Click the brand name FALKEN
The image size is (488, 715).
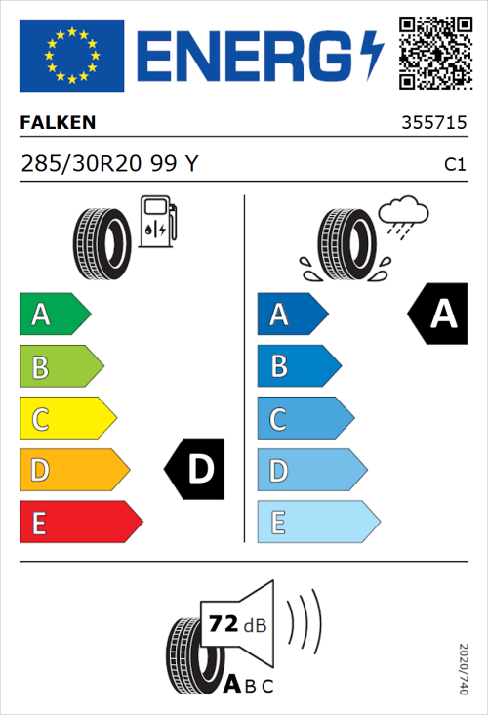pyautogui.click(x=58, y=123)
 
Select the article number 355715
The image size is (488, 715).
pyautogui.click(x=432, y=124)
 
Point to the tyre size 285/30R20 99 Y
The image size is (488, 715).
pyautogui.click(x=109, y=163)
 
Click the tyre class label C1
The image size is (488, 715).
pyautogui.click(x=454, y=164)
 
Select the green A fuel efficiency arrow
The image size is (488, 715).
pyautogui.click(x=54, y=315)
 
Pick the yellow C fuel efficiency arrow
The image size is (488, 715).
pyautogui.click(x=66, y=419)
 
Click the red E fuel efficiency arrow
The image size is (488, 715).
pyautogui.click(x=80, y=523)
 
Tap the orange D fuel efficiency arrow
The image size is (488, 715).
pyautogui.click(x=73, y=471)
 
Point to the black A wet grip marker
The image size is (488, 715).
pyautogui.click(x=439, y=315)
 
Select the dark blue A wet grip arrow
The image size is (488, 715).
pyautogui.click(x=292, y=315)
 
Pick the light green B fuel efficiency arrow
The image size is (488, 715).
pyautogui.click(x=61, y=367)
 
